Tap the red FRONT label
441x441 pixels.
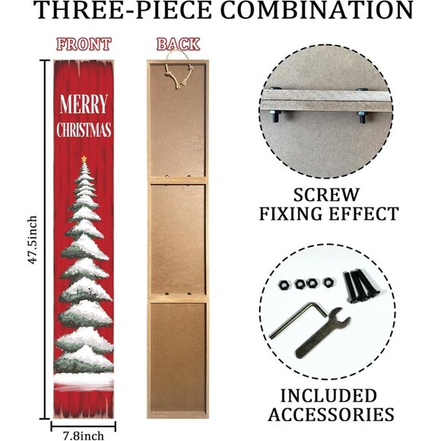coord(84,44)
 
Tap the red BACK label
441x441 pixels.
coord(178,44)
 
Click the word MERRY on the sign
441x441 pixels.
coord(84,104)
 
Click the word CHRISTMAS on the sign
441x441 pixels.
coord(84,129)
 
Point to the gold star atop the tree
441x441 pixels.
coord(84,159)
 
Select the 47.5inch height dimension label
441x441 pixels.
coord(33,240)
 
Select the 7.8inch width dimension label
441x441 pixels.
coord(83,436)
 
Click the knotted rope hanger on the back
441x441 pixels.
coord(179,74)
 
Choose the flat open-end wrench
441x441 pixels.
coord(323,333)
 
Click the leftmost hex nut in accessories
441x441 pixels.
coord(284,285)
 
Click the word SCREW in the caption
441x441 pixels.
coord(326,195)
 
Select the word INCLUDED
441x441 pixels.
coord(328,395)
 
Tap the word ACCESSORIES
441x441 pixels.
coord(331,414)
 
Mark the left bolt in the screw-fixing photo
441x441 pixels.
coord(275,116)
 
